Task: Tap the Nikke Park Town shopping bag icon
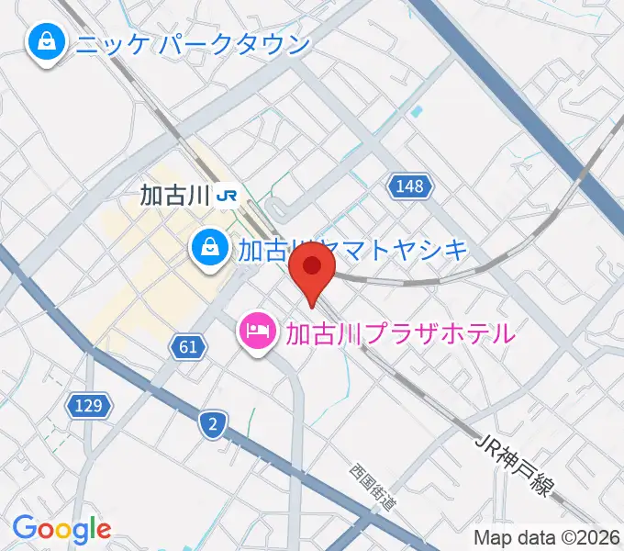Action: (x=43, y=42)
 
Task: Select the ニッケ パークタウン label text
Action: (x=192, y=43)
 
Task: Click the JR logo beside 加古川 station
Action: (x=228, y=195)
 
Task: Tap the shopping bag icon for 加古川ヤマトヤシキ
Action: (x=210, y=246)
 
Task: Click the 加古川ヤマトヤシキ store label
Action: (x=353, y=250)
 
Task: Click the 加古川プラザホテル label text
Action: (x=400, y=332)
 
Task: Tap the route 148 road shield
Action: (x=410, y=186)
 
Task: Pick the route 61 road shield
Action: (x=186, y=346)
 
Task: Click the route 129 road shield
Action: (x=90, y=404)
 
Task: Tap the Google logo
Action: (x=61, y=529)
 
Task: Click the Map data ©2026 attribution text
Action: (x=548, y=537)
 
